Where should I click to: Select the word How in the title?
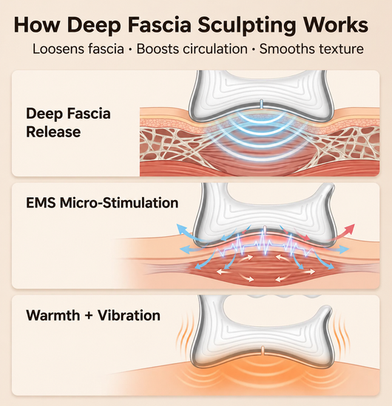point(37,24)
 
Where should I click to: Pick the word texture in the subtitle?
point(342,49)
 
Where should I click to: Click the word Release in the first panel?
point(53,132)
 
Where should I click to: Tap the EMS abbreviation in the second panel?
point(41,203)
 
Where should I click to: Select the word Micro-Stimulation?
point(119,203)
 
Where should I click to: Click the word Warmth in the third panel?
point(53,315)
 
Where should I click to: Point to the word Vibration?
point(129,315)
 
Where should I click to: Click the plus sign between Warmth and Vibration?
point(89,316)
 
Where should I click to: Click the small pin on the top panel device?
point(262,104)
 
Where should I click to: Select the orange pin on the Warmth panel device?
point(263,351)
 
